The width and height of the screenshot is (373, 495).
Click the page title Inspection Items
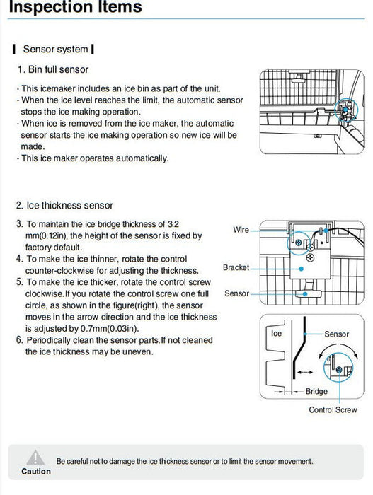point(75,6)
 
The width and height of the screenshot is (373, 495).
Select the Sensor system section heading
point(55,49)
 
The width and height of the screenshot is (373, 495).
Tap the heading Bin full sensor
point(58,69)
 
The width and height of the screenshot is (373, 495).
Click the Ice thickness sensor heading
point(69,206)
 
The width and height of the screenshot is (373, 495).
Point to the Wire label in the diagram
point(241,230)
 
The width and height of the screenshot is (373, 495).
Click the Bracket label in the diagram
point(236,268)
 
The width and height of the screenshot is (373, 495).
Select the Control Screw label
point(333,409)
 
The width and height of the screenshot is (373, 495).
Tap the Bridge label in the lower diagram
point(316,392)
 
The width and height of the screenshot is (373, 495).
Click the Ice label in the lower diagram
point(276,334)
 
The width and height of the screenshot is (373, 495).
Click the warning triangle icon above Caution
point(35,458)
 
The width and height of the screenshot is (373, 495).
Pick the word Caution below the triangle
point(36,472)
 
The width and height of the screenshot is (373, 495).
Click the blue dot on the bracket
point(302,269)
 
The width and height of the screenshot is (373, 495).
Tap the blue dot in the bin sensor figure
point(345,109)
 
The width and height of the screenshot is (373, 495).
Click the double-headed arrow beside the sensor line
point(305,372)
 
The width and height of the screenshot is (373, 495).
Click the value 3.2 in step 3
point(173,224)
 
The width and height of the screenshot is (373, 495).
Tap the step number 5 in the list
point(20,281)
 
